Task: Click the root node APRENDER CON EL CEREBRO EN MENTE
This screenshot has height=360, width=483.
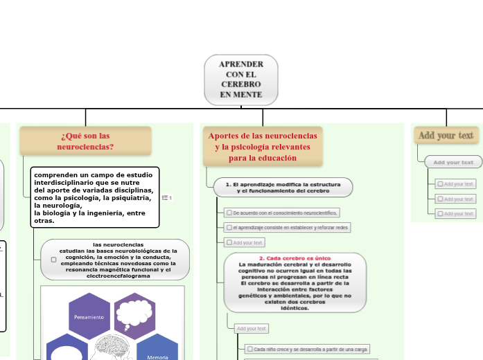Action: pos(240,80)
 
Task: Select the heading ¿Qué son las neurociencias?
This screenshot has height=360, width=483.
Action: pos(85,141)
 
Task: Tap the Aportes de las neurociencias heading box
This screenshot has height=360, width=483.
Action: pos(263,147)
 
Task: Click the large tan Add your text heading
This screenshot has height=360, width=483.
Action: pos(446,135)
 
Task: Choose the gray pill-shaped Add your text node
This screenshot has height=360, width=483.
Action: pos(453,162)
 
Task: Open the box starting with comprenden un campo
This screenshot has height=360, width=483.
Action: pos(96,197)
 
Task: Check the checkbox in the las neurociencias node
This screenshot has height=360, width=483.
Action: pos(53,260)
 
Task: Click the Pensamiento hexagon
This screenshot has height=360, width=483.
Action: pos(89,316)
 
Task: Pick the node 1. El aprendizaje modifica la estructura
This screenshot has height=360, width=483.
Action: pos(283,187)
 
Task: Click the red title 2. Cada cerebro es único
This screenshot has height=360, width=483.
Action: pos(295,258)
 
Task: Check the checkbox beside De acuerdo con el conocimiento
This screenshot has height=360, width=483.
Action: pos(229,213)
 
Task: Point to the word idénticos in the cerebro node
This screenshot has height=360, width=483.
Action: pos(295,308)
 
